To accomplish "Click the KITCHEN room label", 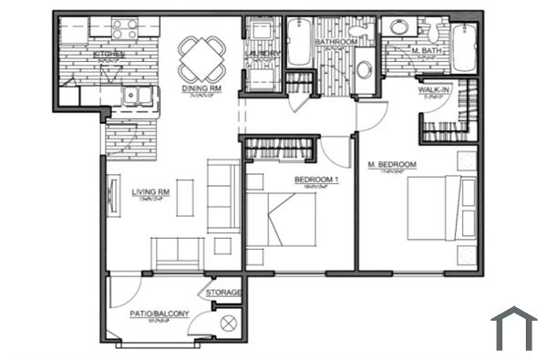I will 108,55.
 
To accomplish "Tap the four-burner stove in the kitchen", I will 124,29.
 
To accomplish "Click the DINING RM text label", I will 201,88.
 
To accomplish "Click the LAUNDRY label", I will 263,54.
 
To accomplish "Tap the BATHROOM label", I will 335,42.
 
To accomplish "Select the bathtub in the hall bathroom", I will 300,44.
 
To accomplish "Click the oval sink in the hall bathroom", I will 364,69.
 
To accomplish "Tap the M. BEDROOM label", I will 392,164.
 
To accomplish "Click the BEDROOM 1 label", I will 316,180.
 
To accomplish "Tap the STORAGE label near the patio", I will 223,293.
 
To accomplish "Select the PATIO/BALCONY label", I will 159,314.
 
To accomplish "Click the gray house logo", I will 513,328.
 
